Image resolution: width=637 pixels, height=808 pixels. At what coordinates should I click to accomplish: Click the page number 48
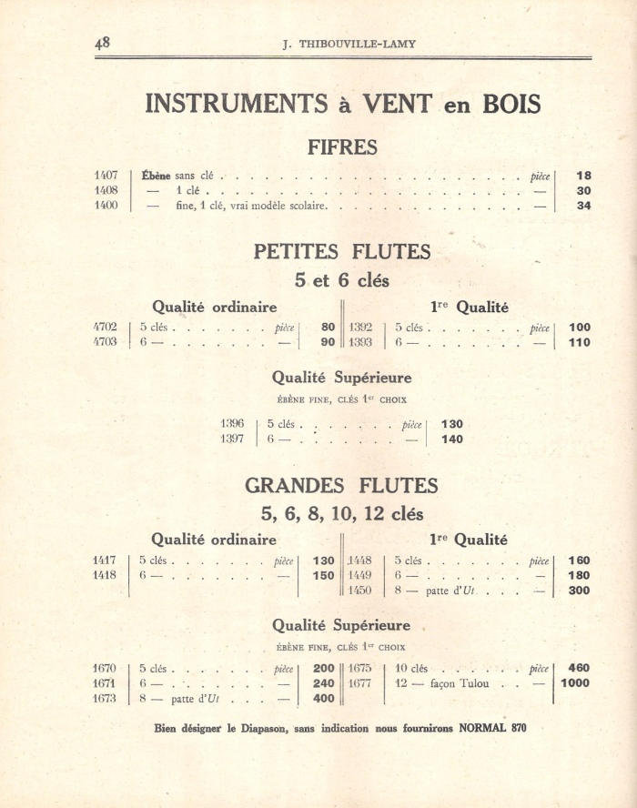pos(102,43)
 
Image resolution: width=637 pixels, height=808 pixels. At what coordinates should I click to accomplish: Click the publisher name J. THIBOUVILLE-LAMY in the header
pos(343,44)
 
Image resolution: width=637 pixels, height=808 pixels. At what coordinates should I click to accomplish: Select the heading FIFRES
pos(342,146)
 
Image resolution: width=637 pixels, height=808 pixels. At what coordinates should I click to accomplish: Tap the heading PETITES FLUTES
pos(342,251)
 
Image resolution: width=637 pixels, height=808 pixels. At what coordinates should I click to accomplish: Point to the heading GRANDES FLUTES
pos(342,485)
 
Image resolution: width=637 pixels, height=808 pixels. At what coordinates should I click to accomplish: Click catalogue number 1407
pos(106,176)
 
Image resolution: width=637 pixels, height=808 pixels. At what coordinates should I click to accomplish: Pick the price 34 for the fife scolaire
pos(583,206)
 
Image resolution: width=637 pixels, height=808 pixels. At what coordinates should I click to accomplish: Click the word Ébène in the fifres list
pos(156,176)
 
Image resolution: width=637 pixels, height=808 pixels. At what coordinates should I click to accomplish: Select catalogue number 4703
pos(106,342)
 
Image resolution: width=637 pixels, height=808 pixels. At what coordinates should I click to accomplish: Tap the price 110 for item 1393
pos(579,343)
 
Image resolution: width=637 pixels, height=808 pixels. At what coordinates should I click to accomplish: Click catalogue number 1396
pos(232,424)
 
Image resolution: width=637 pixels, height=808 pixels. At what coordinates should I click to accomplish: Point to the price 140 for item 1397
pos(451,439)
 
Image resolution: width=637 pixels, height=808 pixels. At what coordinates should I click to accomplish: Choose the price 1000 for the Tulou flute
pos(575,683)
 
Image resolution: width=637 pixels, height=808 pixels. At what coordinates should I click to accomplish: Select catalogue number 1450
pos(360,591)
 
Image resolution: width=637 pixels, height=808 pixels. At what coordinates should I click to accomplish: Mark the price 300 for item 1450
pos(579,591)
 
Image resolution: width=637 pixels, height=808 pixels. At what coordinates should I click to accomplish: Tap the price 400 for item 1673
pos(324,699)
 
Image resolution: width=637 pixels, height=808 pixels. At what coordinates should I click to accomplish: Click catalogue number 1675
pos(360,668)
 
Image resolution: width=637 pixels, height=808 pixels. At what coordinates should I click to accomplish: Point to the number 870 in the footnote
pos(514,728)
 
